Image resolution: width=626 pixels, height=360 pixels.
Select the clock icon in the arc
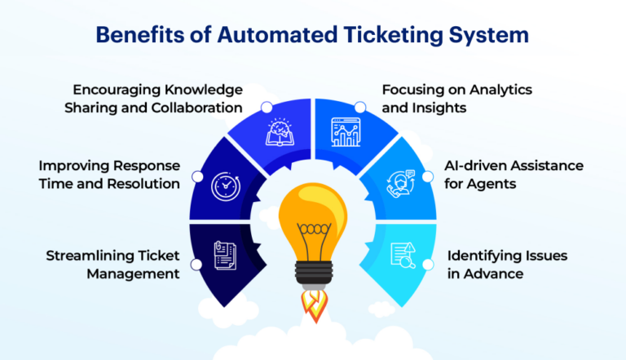(x=225, y=186)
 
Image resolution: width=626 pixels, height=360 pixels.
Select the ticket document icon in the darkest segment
(x=225, y=255)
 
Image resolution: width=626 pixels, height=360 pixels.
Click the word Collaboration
(x=201, y=108)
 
